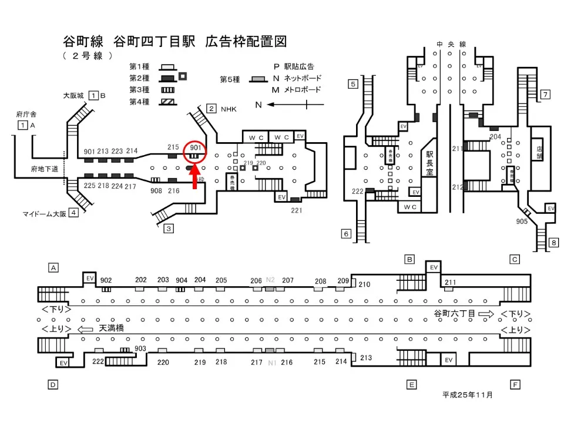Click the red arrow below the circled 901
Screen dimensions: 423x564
(x=195, y=179)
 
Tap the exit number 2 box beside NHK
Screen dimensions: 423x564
(x=211, y=109)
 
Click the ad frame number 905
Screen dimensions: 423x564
(x=521, y=221)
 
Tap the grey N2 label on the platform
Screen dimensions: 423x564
(x=271, y=280)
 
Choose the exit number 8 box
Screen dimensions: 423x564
(x=553, y=242)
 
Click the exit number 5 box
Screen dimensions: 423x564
(x=352, y=84)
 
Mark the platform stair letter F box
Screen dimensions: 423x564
(x=515, y=385)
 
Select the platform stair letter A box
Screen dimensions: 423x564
(x=53, y=268)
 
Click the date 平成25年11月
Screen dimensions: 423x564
(x=468, y=395)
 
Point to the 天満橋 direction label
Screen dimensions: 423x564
(x=112, y=328)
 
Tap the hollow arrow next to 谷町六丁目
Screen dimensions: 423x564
(x=487, y=314)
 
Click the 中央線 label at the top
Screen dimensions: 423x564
(x=451, y=44)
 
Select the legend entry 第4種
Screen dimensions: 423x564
(x=139, y=102)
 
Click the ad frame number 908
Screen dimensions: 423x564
(x=156, y=190)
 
